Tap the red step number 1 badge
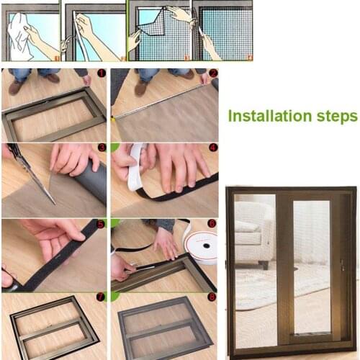[x=101, y=73]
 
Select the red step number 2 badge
[x=212, y=73]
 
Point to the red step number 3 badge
[x=102, y=148]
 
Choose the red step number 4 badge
[x=212, y=148]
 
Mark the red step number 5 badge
[x=101, y=223]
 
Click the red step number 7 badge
[x=101, y=296]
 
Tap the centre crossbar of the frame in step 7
[x=54, y=325]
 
